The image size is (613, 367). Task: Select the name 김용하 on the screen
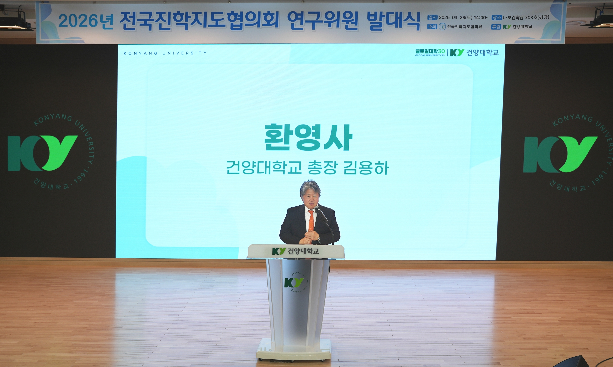(x=366, y=168)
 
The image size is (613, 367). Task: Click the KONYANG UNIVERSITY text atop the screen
(x=165, y=53)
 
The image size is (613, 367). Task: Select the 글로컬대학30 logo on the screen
(x=430, y=52)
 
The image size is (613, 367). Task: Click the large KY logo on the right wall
(x=560, y=154)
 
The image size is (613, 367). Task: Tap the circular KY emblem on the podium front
(x=294, y=283)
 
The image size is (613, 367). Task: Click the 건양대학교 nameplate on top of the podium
(x=296, y=251)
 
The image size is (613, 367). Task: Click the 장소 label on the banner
(x=497, y=18)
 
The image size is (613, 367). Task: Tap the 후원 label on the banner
(x=496, y=27)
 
